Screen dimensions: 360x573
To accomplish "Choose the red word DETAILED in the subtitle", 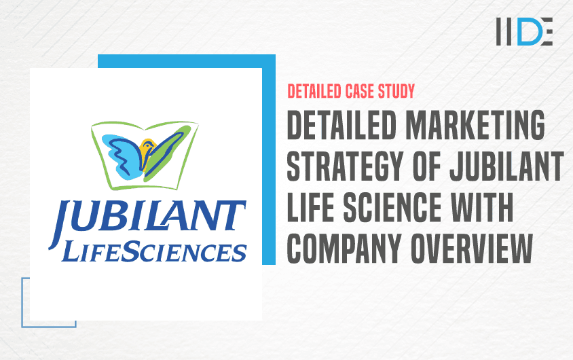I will (x=317, y=90).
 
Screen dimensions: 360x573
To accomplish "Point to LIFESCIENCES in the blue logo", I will (x=153, y=251).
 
